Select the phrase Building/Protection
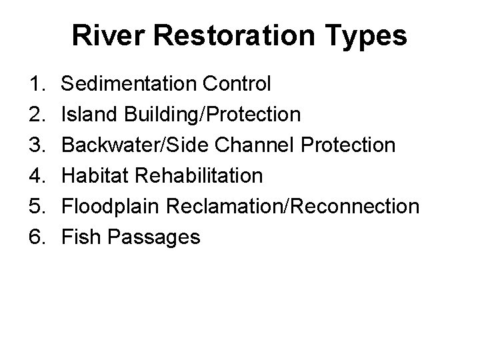coord(213,115)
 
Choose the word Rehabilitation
coord(199,176)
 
